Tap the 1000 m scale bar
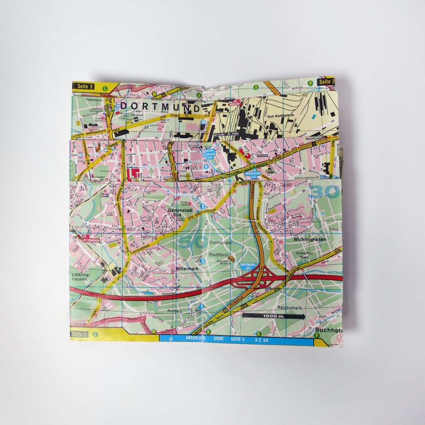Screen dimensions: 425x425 pyautogui.click(x=272, y=316)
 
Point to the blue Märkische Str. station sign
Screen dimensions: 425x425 pyautogui.click(x=251, y=173)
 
